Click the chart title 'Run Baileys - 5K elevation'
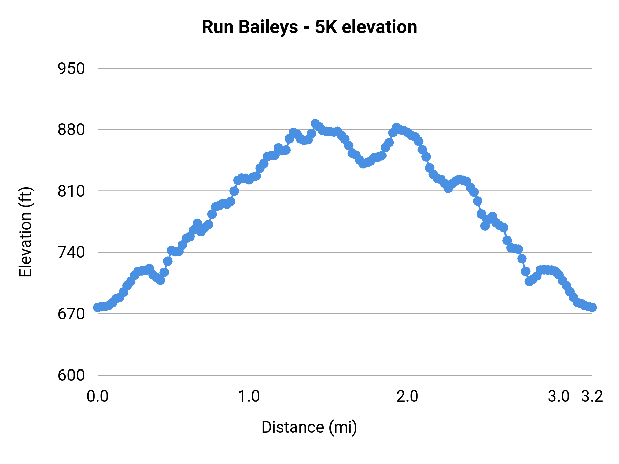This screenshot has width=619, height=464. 309,27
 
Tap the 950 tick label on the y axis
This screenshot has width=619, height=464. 71,69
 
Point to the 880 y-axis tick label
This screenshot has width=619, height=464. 71,130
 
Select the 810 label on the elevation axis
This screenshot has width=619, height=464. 71,191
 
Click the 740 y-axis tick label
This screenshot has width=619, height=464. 71,253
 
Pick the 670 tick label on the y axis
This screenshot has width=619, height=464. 71,314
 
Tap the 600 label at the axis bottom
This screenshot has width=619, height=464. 71,375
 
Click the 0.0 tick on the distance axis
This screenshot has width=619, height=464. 98,397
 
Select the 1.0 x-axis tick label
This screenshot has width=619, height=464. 249,397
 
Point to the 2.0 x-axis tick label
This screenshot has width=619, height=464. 407,397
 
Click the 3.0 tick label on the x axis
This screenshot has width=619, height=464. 558,397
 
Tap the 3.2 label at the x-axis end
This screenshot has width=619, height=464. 592,397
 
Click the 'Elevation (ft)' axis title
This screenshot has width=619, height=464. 25,232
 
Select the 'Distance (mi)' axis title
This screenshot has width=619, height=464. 309,427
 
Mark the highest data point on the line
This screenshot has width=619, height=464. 315,124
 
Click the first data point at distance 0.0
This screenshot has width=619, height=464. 98,307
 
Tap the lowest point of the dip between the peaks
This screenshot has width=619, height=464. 363,164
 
